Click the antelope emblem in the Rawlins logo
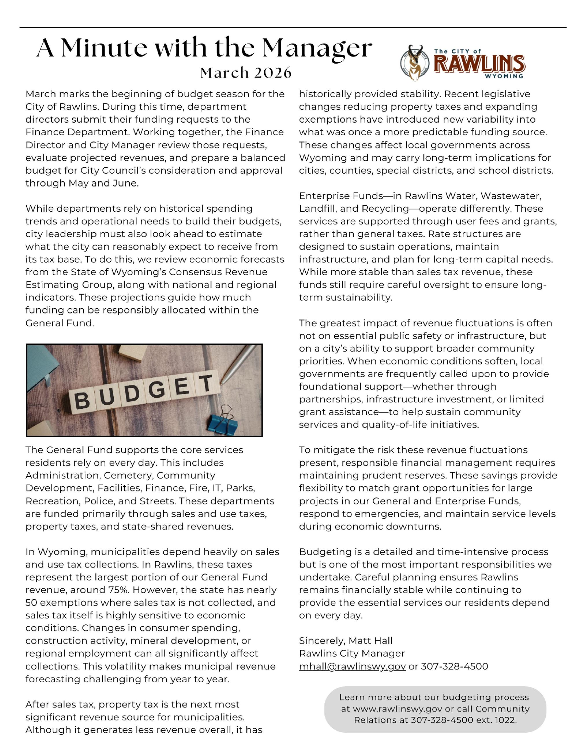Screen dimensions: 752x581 [415, 63]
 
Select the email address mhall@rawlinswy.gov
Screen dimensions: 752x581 [352, 666]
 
